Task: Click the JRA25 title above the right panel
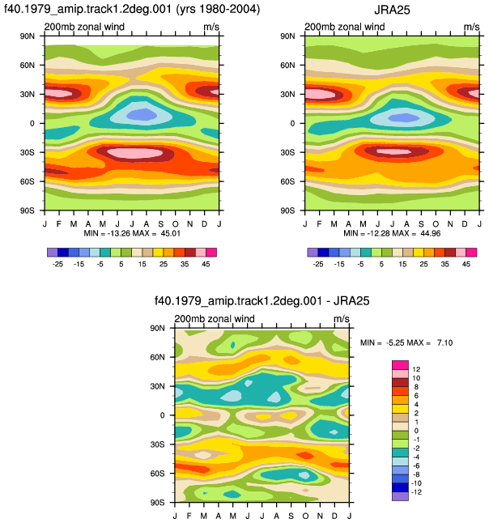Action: point(392,10)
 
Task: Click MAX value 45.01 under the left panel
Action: point(171,233)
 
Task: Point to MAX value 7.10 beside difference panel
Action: point(445,342)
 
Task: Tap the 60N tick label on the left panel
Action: point(27,65)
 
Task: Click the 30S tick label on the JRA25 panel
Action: point(287,152)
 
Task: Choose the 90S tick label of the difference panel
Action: point(157,502)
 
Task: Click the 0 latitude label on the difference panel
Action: point(162,415)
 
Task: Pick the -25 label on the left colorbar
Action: point(57,264)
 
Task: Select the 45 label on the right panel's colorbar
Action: point(466,264)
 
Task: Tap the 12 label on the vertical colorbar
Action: point(416,369)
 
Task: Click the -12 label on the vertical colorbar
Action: point(416,492)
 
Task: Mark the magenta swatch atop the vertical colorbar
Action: point(400,364)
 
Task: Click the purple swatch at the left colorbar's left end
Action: point(53,252)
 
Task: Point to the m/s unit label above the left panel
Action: point(211,27)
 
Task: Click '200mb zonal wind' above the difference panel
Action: point(215,318)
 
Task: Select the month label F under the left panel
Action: point(59,223)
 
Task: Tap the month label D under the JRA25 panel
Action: point(465,223)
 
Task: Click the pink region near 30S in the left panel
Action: point(134,153)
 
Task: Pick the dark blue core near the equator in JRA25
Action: point(404,117)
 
